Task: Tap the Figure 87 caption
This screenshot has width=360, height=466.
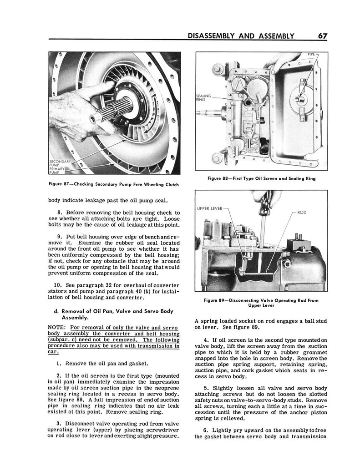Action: (x=114, y=184)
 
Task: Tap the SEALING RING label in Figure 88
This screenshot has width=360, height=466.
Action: (x=203, y=97)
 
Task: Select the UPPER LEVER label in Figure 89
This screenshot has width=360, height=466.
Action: (x=210, y=208)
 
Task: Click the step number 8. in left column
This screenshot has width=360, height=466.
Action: (x=61, y=213)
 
